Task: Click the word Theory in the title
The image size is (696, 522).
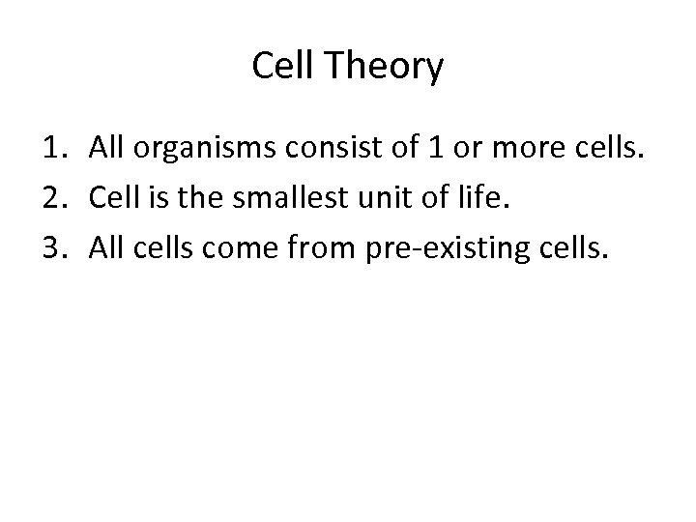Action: click(x=386, y=68)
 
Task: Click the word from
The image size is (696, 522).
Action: click(x=316, y=250)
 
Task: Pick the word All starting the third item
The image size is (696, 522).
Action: click(x=105, y=250)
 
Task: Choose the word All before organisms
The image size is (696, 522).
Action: click(x=105, y=150)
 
